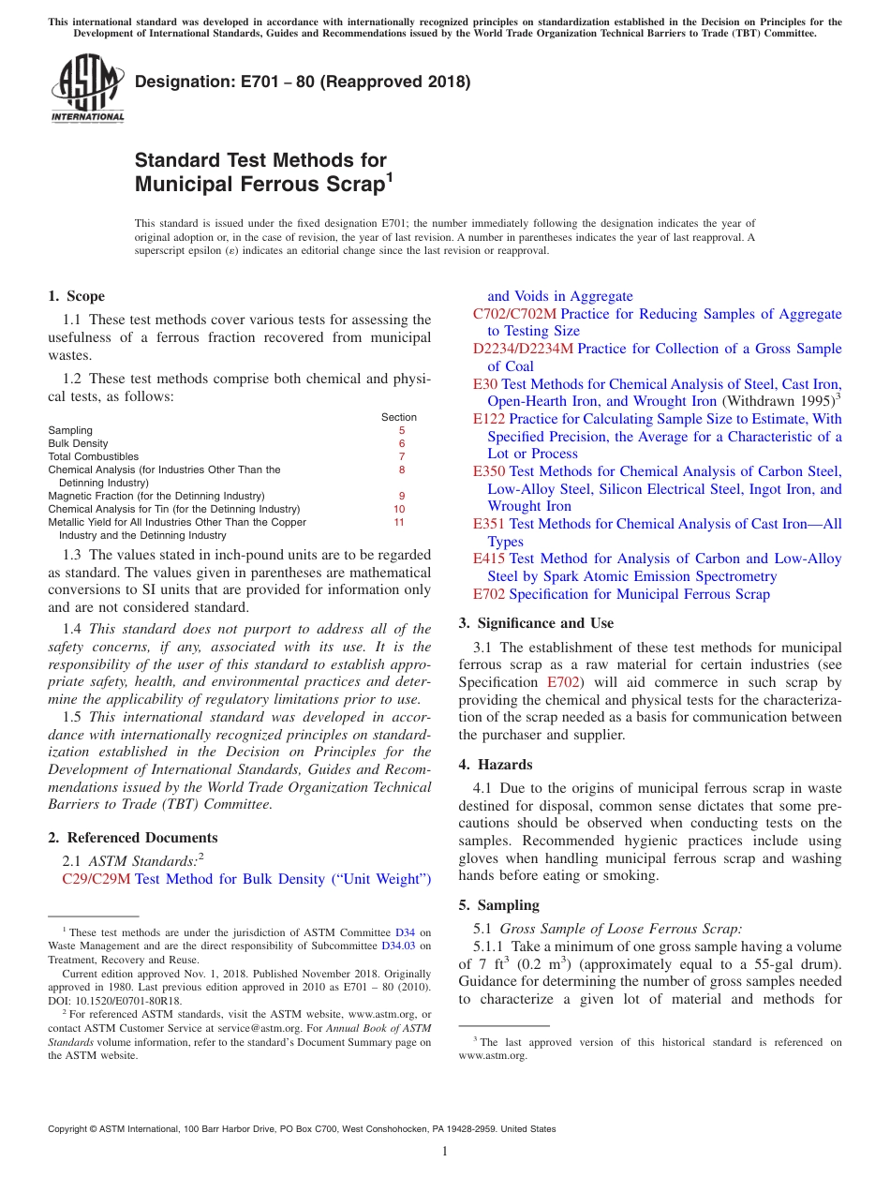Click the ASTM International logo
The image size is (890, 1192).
point(87,89)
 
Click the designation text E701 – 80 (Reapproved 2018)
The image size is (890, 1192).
point(303,82)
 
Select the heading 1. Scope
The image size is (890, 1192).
point(76,296)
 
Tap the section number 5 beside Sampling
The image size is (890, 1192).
point(401,431)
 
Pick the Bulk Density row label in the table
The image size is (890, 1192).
point(78,444)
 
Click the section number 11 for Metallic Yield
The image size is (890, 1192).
point(399,522)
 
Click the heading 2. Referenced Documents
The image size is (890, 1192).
point(132,838)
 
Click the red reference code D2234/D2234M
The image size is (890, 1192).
point(523,349)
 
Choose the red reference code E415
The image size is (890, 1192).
point(489,559)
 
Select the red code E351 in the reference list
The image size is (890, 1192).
point(489,524)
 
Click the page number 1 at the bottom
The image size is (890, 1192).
point(445,1151)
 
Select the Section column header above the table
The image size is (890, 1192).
point(399,417)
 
